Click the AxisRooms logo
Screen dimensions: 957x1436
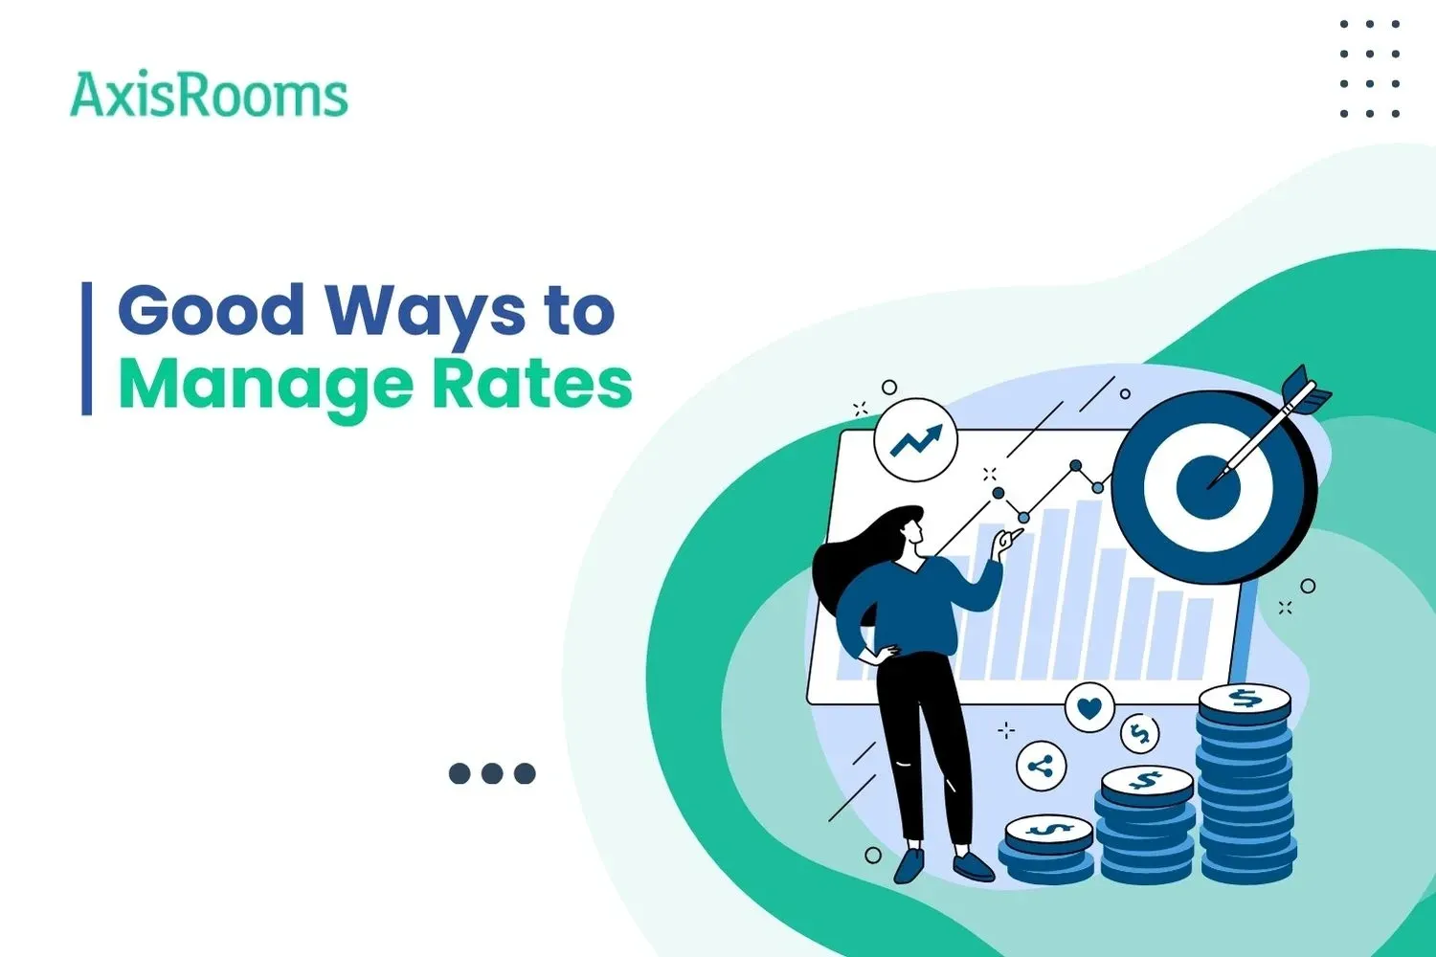pyautogui.click(x=209, y=96)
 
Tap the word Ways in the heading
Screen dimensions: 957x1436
pyautogui.click(x=425, y=313)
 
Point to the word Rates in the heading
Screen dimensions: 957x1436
pyautogui.click(x=532, y=384)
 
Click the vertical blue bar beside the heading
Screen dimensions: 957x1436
pyautogui.click(x=87, y=348)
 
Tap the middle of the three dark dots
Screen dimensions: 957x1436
pyautogui.click(x=492, y=773)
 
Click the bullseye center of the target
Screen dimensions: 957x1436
pyautogui.click(x=1208, y=486)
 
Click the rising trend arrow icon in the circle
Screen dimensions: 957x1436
pyautogui.click(x=915, y=440)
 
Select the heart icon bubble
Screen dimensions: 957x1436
pyautogui.click(x=1089, y=708)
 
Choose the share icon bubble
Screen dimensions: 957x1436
pyautogui.click(x=1041, y=767)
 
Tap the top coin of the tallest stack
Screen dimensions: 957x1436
pyautogui.click(x=1244, y=701)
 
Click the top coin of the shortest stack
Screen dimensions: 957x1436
pyautogui.click(x=1049, y=829)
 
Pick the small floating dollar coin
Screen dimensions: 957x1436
pyautogui.click(x=1139, y=735)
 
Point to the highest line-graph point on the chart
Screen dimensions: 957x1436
pyautogui.click(x=1076, y=466)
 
